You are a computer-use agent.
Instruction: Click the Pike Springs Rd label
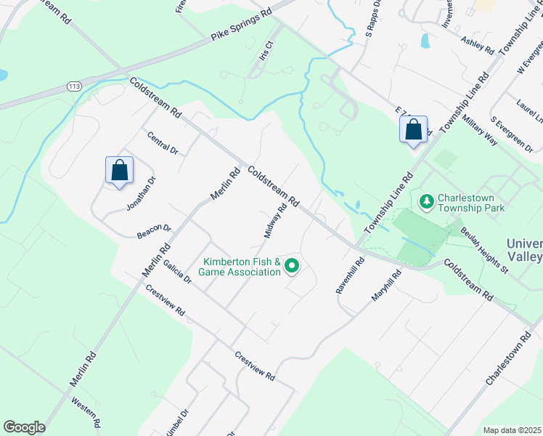pos(241,24)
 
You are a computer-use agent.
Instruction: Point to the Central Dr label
pos(162,142)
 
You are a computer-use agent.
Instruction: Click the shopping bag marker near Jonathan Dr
pos(118,171)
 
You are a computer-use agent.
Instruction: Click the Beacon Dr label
pos(153,232)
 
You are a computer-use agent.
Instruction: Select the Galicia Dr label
pos(176,272)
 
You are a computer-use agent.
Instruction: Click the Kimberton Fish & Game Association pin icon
pos(292,267)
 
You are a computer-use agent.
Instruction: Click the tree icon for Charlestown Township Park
pos(427,200)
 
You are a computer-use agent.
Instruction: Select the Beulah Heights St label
pos(483,251)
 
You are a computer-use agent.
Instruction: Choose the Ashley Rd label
pos(477,47)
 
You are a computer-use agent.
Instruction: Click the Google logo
pos(24,427)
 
